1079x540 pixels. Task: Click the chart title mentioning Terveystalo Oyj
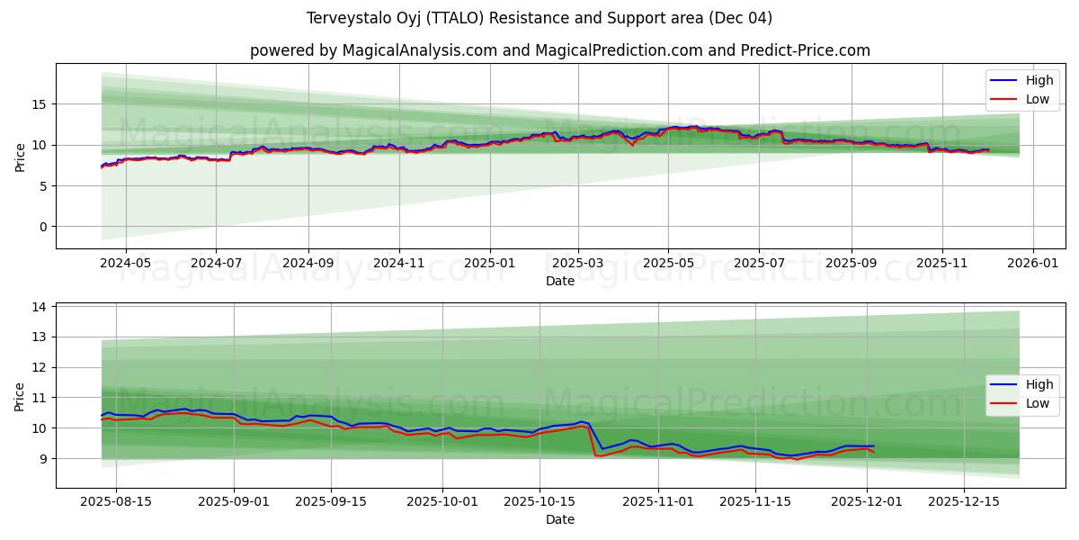point(539,18)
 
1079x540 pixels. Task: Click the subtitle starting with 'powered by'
point(559,50)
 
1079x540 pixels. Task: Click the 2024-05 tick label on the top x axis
point(124,264)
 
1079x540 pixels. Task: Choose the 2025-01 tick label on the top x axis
point(490,264)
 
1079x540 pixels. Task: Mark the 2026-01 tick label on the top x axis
point(1032,264)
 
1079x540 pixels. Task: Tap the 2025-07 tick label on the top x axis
point(759,264)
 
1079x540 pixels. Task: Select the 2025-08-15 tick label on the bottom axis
point(116,502)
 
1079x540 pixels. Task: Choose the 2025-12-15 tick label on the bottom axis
point(963,502)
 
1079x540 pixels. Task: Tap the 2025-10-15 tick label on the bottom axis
point(539,502)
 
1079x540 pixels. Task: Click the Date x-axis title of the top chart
point(559,281)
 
